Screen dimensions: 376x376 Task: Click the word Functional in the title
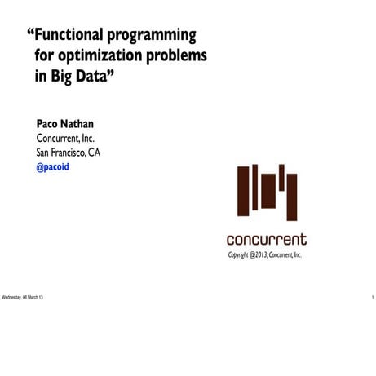pyautogui.click(x=74, y=36)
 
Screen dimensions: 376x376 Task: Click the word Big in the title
pyautogui.click(x=64, y=79)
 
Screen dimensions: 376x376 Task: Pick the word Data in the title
pyautogui.click(x=97, y=79)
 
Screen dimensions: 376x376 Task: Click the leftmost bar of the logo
pyautogui.click(x=243, y=192)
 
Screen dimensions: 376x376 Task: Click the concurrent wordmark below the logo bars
pyautogui.click(x=267, y=240)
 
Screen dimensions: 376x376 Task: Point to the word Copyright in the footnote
pyautogui.click(x=242, y=255)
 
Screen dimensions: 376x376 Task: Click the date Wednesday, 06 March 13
pyautogui.click(x=23, y=296)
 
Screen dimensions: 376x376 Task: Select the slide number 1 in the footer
pyautogui.click(x=372, y=296)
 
